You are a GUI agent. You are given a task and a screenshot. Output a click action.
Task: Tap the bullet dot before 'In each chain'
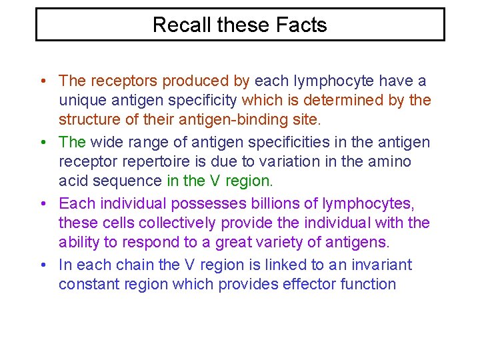(42, 265)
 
